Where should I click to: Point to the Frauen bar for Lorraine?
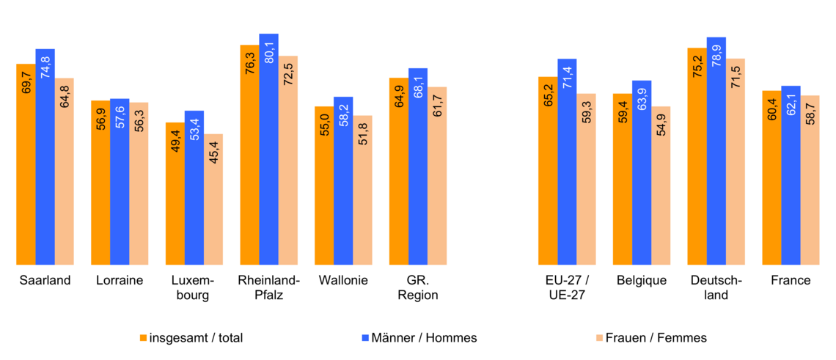139,183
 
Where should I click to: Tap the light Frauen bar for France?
810,180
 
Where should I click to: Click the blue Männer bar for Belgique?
642,172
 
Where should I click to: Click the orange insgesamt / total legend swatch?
144,338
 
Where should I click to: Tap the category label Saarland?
45,280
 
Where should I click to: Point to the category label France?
791,280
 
